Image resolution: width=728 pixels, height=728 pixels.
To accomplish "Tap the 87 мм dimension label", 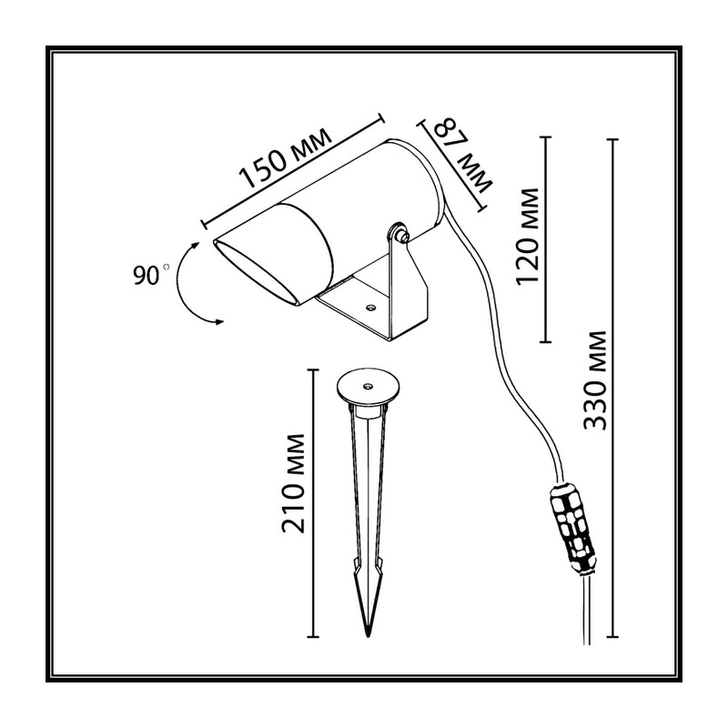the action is pyautogui.click(x=464, y=156).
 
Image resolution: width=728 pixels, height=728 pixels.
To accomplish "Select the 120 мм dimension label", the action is pyautogui.click(x=528, y=237).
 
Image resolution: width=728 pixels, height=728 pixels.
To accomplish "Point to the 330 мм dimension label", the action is pyautogui.click(x=596, y=380).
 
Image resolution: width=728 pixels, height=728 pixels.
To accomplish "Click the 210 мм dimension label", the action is pyautogui.click(x=294, y=483).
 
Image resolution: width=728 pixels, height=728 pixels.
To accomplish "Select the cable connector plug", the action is pyautogui.click(x=573, y=530).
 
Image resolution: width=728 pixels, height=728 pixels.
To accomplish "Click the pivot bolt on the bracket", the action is pyautogui.click(x=399, y=233).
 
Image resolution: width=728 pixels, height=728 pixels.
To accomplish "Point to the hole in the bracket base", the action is pyautogui.click(x=370, y=307).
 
